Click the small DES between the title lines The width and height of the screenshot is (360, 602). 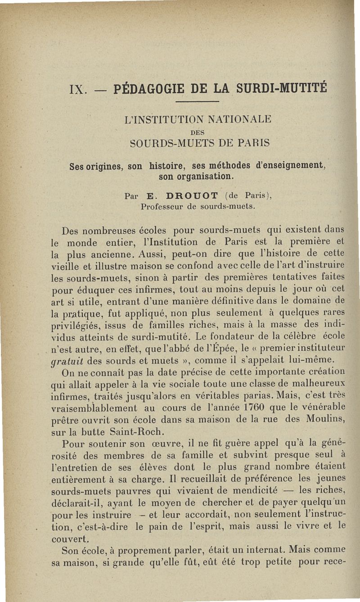tap(198, 132)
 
